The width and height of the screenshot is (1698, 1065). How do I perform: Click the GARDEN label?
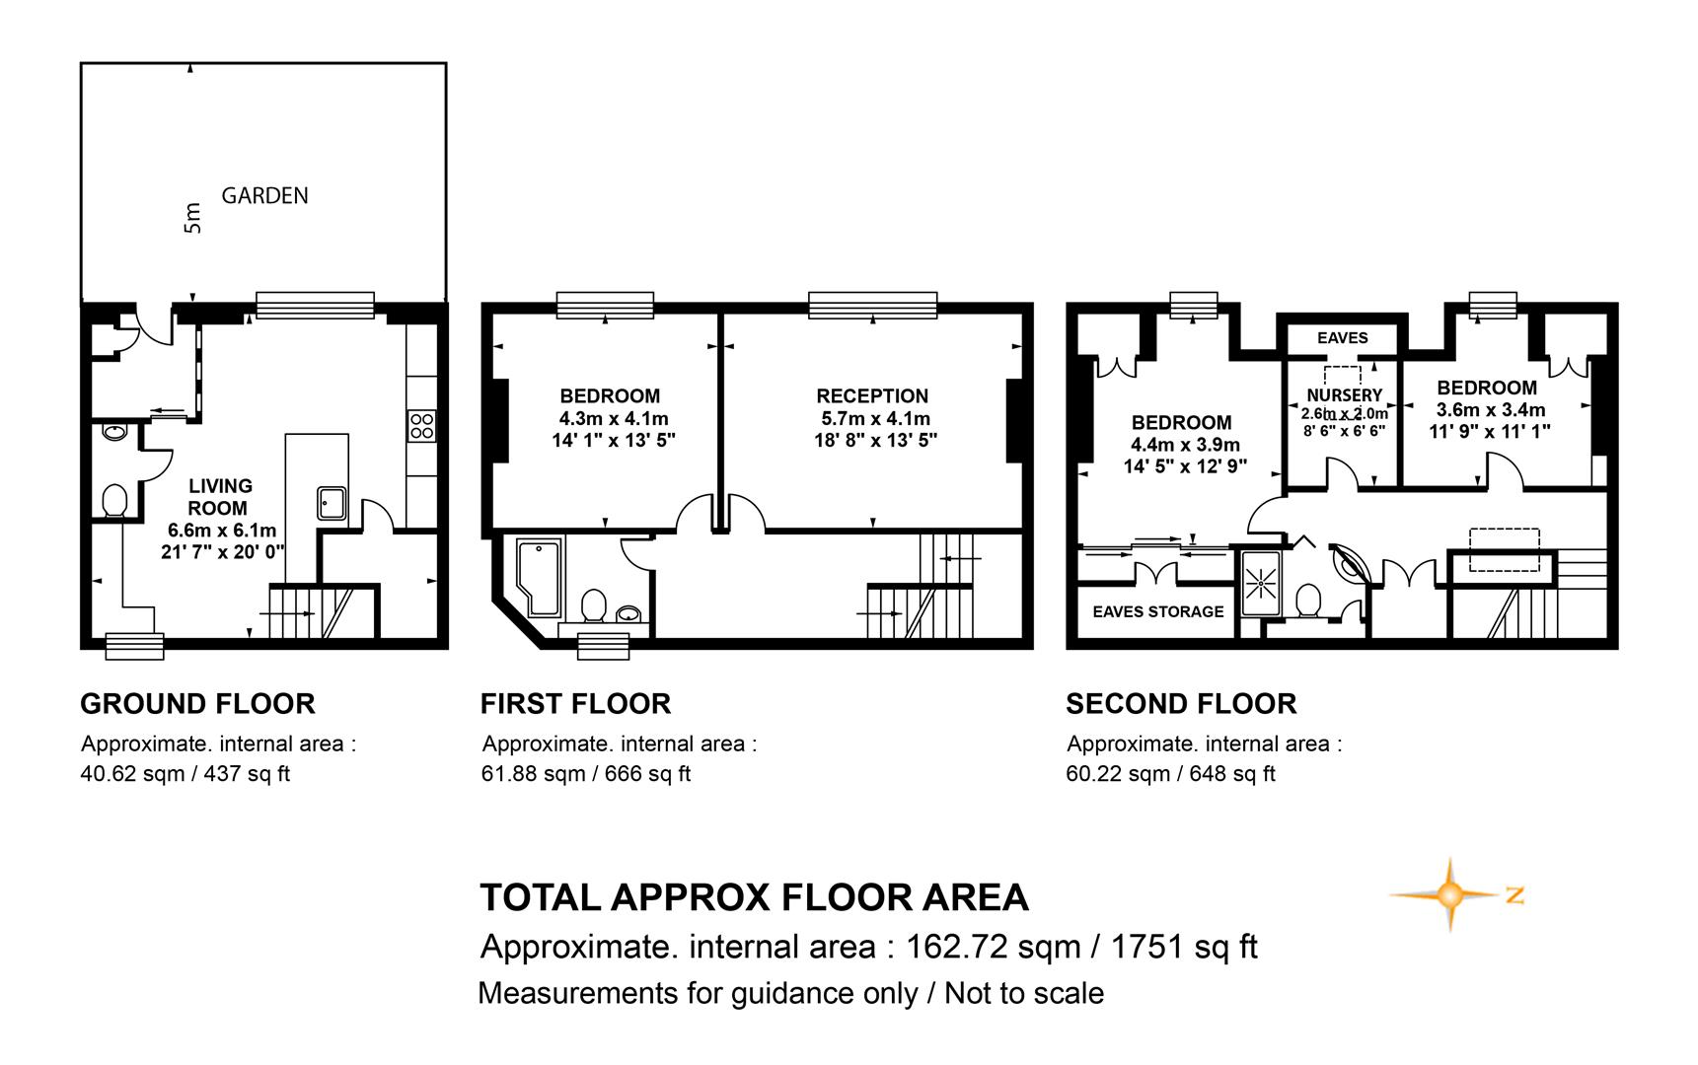point(264,195)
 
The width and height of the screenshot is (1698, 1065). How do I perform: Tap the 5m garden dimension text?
point(192,218)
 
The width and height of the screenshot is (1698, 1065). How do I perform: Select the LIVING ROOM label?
point(219,497)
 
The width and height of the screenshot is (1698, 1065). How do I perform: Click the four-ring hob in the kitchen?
point(421,426)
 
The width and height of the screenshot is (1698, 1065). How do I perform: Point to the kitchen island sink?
point(332,503)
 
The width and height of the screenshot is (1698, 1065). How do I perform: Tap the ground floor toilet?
point(114,500)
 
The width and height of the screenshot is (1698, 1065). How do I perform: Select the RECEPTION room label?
point(872,396)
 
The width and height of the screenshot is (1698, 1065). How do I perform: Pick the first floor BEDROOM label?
point(610,396)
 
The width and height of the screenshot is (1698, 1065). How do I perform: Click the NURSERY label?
point(1344,395)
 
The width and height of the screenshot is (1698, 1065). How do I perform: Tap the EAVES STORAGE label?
point(1158,611)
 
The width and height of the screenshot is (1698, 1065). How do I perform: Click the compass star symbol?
point(1448,894)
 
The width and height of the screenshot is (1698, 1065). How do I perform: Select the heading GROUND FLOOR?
point(197,704)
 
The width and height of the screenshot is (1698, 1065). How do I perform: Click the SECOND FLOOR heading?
point(1181,704)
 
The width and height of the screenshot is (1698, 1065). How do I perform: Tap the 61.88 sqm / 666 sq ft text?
point(586,774)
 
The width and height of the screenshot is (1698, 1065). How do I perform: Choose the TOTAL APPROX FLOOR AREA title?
point(755,897)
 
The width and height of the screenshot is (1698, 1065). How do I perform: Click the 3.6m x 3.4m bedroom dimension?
point(1490,410)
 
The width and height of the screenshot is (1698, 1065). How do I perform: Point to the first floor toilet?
point(594,605)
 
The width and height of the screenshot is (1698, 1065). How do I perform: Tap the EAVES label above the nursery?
point(1343,338)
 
